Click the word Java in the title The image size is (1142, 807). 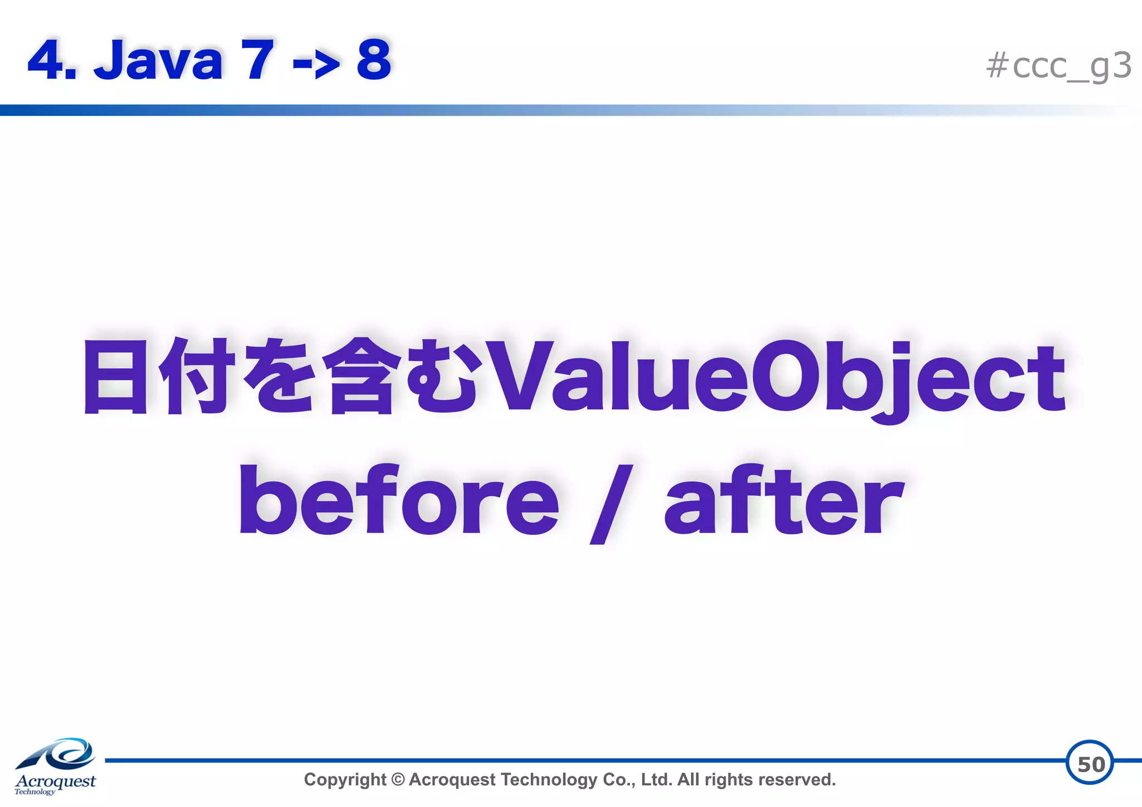(158, 60)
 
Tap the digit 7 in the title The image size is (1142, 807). (257, 60)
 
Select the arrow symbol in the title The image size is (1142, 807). (316, 65)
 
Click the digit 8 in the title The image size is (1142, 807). (374, 60)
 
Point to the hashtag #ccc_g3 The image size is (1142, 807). (1058, 66)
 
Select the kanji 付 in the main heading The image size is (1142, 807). (196, 376)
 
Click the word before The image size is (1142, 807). (399, 499)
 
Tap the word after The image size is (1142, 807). (783, 499)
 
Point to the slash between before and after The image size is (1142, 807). (611, 504)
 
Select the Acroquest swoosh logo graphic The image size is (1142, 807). (57, 754)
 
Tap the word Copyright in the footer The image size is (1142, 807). (345, 780)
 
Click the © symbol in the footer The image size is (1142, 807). (398, 780)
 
